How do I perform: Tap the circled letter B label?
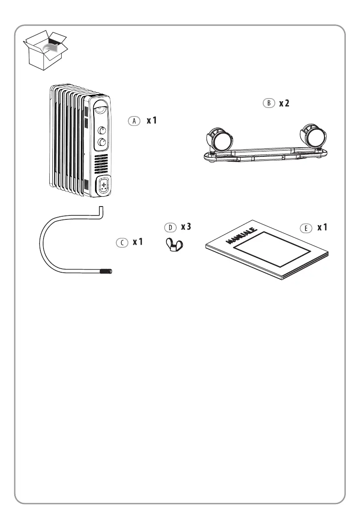click(269, 103)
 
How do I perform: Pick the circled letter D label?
click(170, 227)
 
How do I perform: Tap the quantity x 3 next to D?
click(186, 227)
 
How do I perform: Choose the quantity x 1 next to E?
click(322, 227)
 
